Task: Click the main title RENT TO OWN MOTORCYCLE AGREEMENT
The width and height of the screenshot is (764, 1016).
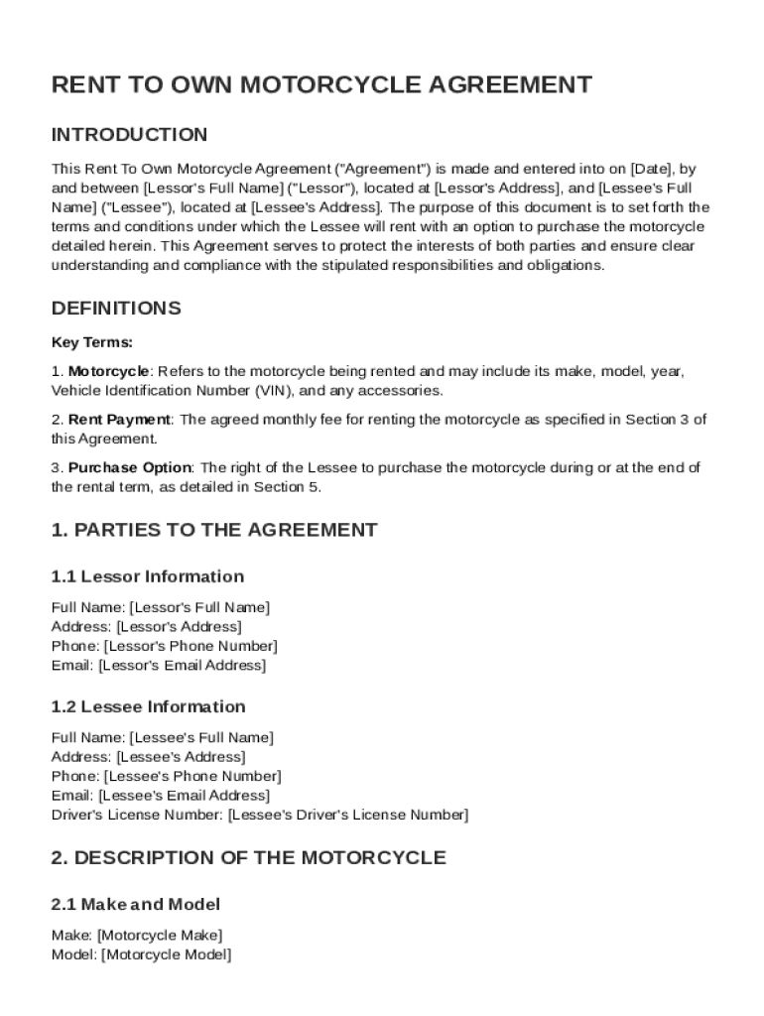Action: pyautogui.click(x=321, y=84)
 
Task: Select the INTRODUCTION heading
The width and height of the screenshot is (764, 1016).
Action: pyautogui.click(x=129, y=135)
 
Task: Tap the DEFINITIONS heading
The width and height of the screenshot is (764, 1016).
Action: pyautogui.click(x=116, y=308)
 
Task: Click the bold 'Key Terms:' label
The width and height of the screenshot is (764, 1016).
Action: pyautogui.click(x=91, y=342)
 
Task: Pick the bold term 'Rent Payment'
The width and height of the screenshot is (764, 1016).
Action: pyautogui.click(x=119, y=420)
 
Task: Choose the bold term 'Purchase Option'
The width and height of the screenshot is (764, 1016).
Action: pyautogui.click(x=129, y=468)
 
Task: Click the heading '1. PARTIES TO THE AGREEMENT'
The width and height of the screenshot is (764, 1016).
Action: pyautogui.click(x=213, y=530)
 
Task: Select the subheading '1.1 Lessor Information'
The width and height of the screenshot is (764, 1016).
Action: pyautogui.click(x=147, y=576)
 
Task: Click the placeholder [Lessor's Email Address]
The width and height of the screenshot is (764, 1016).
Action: pyautogui.click(x=182, y=666)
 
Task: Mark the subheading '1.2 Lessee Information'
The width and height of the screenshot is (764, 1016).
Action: pyautogui.click(x=148, y=706)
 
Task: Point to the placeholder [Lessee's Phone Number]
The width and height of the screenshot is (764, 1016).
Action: pyautogui.click(x=192, y=776)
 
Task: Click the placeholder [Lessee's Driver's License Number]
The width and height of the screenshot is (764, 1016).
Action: pyautogui.click(x=348, y=815)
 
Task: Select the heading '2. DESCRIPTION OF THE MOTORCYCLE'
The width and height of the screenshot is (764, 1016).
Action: pyautogui.click(x=248, y=857)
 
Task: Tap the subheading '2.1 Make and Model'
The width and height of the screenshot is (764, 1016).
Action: pyautogui.click(x=135, y=904)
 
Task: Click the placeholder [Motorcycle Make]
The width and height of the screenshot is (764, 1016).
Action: pyautogui.click(x=160, y=935)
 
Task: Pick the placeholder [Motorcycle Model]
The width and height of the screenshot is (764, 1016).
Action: pyautogui.click(x=166, y=954)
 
